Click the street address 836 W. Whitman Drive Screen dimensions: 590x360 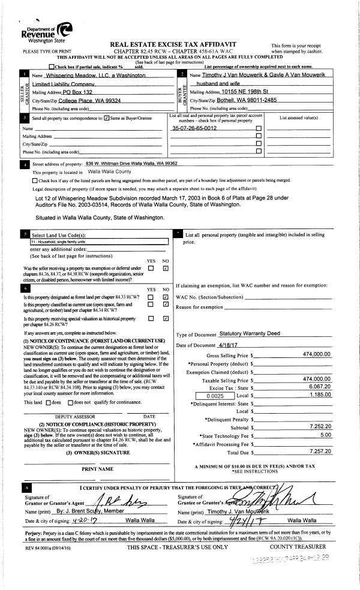131,163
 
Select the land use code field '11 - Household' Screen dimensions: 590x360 98,242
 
